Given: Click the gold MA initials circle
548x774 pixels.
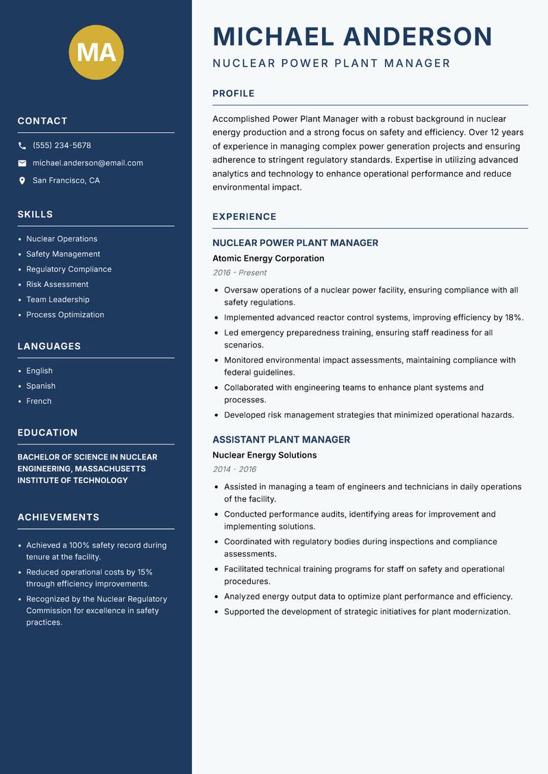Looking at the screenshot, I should pos(96,52).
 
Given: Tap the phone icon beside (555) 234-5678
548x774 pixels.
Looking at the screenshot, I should pos(22,146).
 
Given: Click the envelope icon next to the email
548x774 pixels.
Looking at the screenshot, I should pos(22,163).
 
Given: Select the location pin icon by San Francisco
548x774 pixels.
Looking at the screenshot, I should pos(22,181).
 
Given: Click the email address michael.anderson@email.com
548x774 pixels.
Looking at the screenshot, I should pos(88,163).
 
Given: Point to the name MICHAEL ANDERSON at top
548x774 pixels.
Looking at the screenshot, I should pos(352,36).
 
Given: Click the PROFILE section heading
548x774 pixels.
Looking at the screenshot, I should pos(233,94).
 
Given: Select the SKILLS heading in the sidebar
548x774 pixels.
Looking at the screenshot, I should pos(35,214).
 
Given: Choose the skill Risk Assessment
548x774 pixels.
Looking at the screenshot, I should pos(57,284).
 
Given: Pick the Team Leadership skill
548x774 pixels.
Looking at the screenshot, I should pos(58,299).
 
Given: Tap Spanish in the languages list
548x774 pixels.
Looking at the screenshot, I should pos(40,386).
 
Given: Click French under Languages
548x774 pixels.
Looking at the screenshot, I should pos(38,401).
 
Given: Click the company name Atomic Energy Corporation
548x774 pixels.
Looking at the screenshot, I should pos(268,258).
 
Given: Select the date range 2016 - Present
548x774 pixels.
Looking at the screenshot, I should pos(239,273).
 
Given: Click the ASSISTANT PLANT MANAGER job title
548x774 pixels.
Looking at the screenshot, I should pos(281,440).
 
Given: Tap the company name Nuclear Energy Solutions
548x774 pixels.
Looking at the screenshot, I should pos(264,455).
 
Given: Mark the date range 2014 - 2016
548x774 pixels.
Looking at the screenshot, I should pos(234,469).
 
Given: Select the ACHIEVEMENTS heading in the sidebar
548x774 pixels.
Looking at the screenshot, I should pos(58,517).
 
